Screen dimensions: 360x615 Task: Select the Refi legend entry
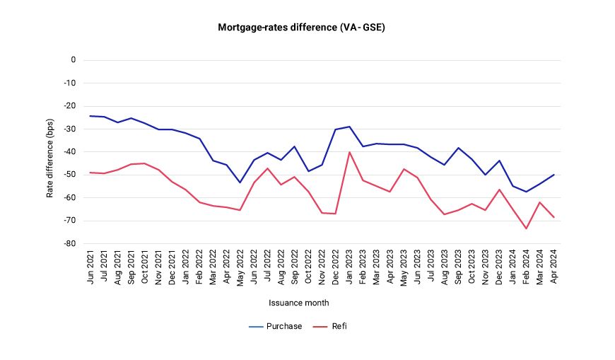(x=339, y=326)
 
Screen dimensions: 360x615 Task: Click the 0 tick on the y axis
(x=72, y=60)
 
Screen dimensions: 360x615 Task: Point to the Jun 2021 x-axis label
(x=91, y=267)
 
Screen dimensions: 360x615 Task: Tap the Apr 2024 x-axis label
(x=553, y=267)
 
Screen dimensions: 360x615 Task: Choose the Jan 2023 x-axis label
(x=349, y=267)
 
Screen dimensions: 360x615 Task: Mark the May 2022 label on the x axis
(x=240, y=267)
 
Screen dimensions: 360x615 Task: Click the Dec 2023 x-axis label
(x=498, y=267)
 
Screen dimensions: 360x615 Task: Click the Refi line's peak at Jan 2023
(x=349, y=152)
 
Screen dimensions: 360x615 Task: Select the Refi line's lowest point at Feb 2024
(x=526, y=228)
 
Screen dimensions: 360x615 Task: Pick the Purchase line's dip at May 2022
(x=240, y=182)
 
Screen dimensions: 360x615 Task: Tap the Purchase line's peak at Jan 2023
(x=349, y=127)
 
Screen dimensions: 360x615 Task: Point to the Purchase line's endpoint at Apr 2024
(x=553, y=175)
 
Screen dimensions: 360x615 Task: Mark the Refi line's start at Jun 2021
(x=91, y=173)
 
